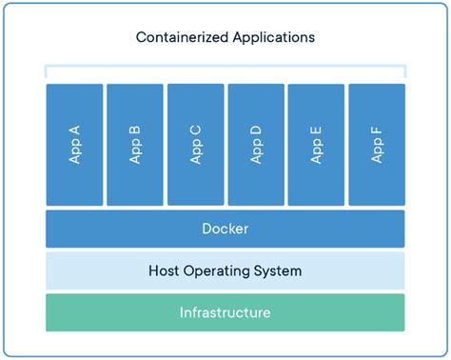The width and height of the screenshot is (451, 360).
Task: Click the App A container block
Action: click(74, 145)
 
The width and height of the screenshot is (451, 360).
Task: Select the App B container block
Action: click(135, 145)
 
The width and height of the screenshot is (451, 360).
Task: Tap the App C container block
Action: click(195, 145)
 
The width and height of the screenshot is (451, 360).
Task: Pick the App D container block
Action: click(256, 145)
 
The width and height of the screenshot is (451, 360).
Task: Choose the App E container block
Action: click(316, 145)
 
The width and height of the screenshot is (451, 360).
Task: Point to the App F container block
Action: click(377, 145)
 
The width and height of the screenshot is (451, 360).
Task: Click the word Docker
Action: click(225, 230)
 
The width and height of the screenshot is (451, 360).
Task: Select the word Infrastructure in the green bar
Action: click(225, 312)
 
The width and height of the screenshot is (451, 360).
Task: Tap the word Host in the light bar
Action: click(165, 271)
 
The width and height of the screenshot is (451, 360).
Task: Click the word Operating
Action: click(220, 271)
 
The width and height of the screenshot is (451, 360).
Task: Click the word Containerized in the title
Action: click(180, 38)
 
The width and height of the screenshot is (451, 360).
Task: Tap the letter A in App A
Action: click(74, 127)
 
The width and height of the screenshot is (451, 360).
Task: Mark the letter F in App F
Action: click(377, 127)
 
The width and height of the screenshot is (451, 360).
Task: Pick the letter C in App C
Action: click(195, 127)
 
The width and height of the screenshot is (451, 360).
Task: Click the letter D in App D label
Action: click(256, 127)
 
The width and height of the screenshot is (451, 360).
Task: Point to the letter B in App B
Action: click(135, 127)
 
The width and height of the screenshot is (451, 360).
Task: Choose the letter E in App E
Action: click(316, 127)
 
